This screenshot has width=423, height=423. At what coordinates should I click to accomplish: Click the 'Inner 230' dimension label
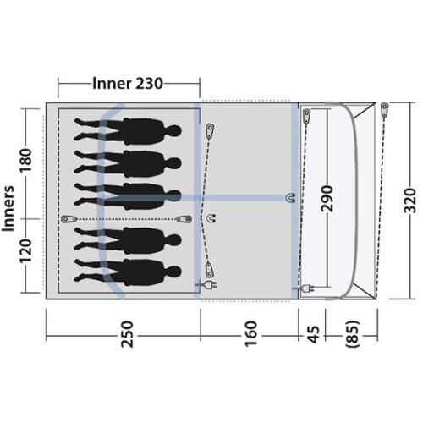(x=127, y=83)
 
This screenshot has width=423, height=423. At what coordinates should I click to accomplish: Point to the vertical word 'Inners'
(x=11, y=206)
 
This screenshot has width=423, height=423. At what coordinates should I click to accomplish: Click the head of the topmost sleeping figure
(x=173, y=130)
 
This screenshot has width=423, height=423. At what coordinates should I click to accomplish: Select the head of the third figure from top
(x=173, y=188)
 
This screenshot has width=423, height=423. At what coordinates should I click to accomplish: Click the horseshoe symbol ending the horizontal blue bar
(x=291, y=198)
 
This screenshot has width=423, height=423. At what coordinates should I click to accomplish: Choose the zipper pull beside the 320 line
(x=384, y=109)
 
